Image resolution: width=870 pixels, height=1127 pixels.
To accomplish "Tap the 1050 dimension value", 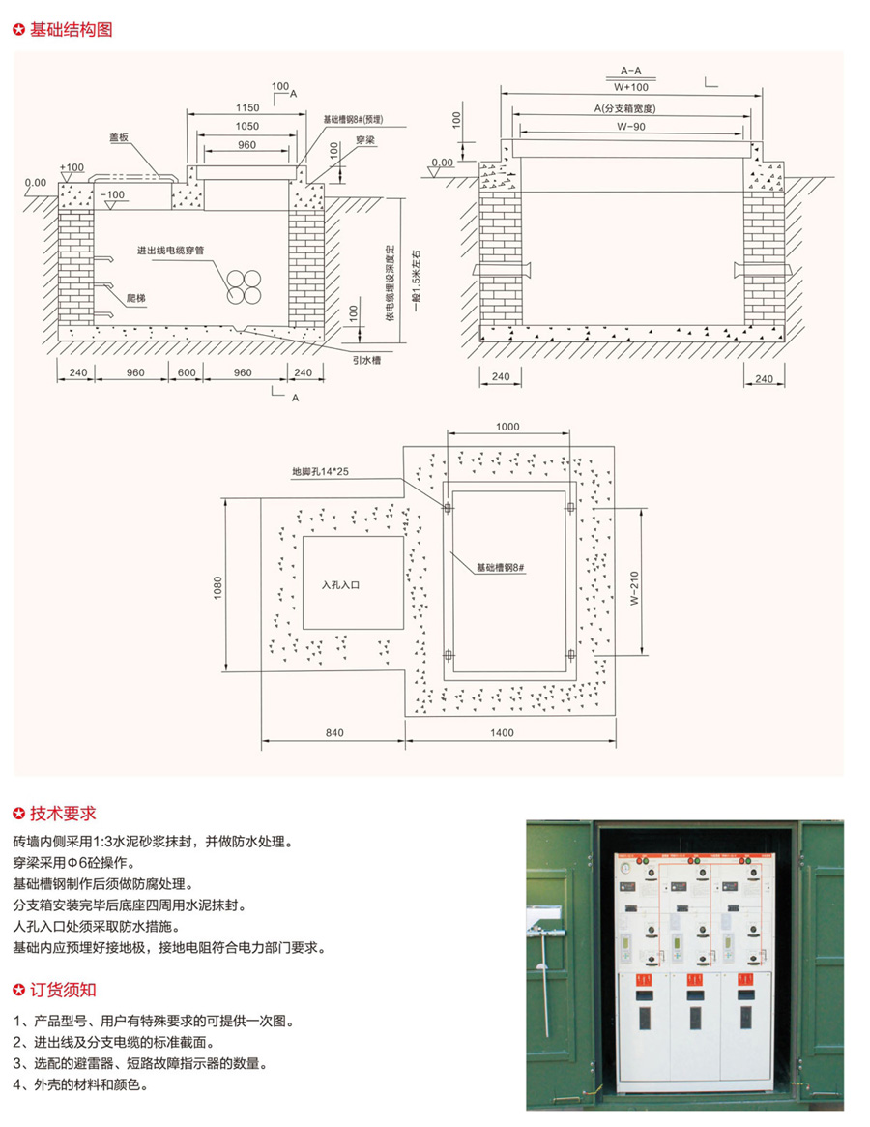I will [x=245, y=126].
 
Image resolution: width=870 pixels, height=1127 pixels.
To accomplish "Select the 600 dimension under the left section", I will [x=186, y=372].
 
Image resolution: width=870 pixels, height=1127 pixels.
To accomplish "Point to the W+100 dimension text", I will [x=631, y=87].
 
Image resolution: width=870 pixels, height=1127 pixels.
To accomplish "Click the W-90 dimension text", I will [x=633, y=126].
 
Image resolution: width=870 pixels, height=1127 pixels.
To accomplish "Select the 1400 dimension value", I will [x=501, y=734].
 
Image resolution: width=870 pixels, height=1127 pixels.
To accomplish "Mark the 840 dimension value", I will [x=333, y=734].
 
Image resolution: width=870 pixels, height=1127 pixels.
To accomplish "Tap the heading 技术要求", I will [x=64, y=814].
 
